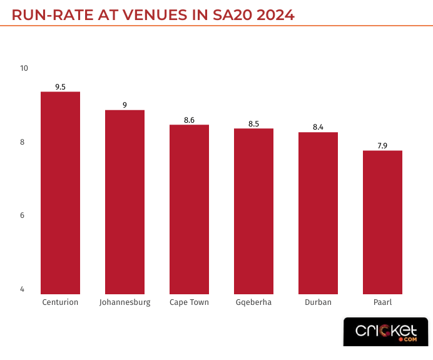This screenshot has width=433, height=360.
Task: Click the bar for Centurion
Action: (x=60, y=193)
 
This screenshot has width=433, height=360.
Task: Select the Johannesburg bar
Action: (x=125, y=202)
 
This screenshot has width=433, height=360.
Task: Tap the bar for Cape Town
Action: (x=189, y=209)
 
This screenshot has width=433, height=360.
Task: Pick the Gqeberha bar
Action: (x=253, y=211)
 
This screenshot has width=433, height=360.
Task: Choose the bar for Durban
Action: (x=318, y=213)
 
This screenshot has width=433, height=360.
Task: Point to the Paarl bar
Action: (x=382, y=222)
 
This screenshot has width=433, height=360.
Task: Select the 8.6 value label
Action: (x=189, y=120)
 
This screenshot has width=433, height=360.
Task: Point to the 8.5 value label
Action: (x=253, y=123)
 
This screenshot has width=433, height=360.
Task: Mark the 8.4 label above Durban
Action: (x=318, y=127)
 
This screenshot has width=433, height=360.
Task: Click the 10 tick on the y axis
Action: (x=24, y=68)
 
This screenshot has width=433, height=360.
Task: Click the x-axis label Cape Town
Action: (x=189, y=302)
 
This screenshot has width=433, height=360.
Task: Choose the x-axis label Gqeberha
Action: (x=253, y=302)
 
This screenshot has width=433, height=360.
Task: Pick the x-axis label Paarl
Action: (x=382, y=302)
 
